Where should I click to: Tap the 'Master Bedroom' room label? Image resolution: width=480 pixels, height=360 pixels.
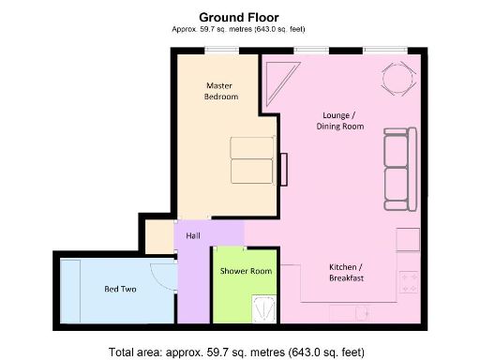(222, 91)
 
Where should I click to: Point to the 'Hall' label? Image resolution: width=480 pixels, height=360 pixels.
(193, 236)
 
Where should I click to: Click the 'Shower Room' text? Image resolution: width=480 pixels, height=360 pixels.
(246, 271)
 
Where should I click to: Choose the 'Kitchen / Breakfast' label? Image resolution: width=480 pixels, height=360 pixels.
(346, 272)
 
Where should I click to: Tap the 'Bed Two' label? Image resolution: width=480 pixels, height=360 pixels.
(121, 290)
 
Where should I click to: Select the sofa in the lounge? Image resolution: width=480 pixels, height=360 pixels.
(397, 170)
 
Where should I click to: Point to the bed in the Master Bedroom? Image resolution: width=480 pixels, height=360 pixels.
(252, 159)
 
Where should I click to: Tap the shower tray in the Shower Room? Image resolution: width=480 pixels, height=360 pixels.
(265, 307)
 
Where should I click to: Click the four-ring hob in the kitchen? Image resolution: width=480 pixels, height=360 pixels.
(409, 280)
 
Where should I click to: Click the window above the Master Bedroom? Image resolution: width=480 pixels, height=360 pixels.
(221, 49)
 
